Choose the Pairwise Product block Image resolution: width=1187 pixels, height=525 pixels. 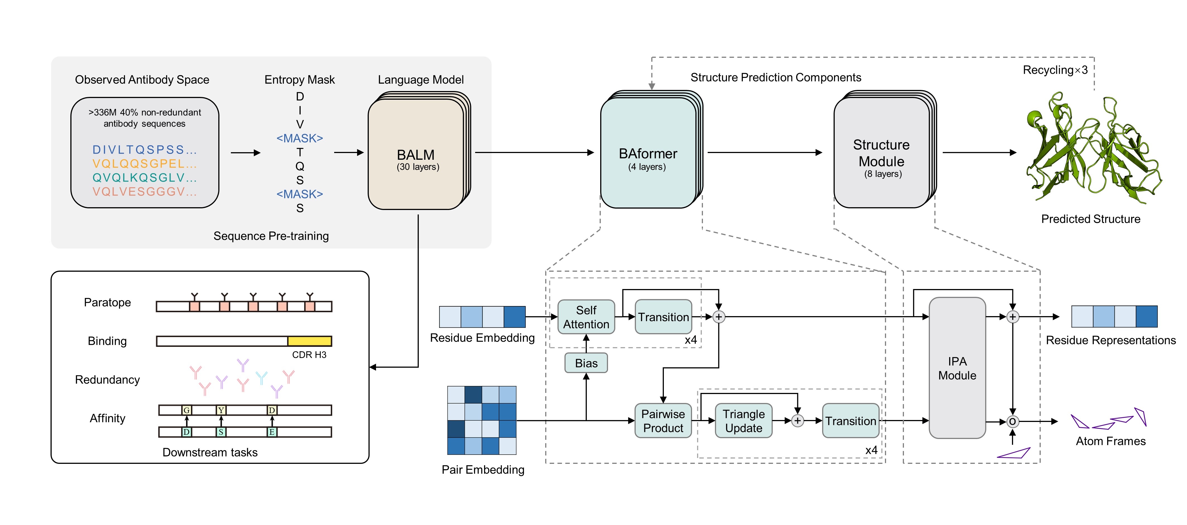(663, 421)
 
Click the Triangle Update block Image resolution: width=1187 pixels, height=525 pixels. (743, 421)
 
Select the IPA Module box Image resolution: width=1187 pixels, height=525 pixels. (957, 368)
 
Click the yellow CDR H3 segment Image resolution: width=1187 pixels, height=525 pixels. (309, 341)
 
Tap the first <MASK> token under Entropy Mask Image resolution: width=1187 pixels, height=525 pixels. (300, 138)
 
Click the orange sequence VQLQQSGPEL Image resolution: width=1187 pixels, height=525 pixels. (144, 164)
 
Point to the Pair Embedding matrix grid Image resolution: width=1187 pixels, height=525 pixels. (482, 420)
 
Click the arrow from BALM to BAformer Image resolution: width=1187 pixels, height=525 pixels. (535, 152)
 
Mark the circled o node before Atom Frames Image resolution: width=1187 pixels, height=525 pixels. (1012, 421)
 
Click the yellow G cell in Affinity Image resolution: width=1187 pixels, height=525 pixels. (187, 410)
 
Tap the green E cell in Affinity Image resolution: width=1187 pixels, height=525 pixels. (272, 432)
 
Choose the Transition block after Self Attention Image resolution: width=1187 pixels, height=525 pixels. (663, 317)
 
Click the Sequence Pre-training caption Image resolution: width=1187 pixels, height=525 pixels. (271, 236)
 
